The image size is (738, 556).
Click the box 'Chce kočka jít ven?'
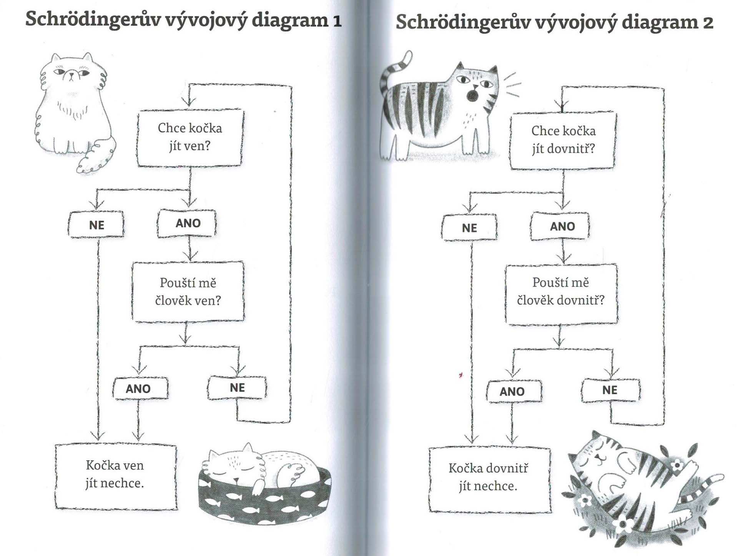tap(190, 138)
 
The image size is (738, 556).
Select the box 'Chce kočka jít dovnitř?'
tap(563, 140)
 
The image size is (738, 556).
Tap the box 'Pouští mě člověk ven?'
tap(188, 292)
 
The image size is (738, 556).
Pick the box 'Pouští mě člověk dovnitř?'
tap(561, 294)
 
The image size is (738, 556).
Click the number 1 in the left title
tap(337, 21)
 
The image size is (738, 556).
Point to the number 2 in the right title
tap(708, 23)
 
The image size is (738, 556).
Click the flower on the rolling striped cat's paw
tap(676, 465)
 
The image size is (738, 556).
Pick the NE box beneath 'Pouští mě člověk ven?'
tap(237, 388)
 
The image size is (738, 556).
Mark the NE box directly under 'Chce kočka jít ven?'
tap(96, 224)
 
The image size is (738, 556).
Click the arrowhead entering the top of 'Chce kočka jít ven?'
tap(188, 102)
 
